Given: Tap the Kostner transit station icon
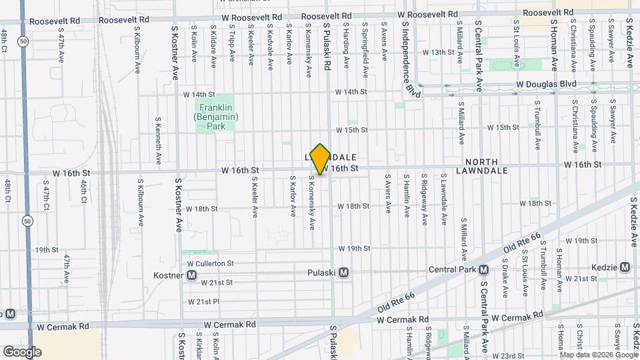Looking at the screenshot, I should pos(192,275).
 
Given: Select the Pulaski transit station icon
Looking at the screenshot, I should pos(344,272).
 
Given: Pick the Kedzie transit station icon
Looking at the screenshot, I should pos(625,267).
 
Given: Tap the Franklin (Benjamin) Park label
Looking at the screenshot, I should pos(213,117).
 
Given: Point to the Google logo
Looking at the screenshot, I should pos(22,351).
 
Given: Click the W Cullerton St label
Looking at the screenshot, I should pos(210,263).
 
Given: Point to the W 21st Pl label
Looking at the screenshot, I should pos(203,301).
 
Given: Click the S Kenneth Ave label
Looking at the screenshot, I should pos(157,141).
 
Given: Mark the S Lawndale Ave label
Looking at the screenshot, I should pos(443,200).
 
